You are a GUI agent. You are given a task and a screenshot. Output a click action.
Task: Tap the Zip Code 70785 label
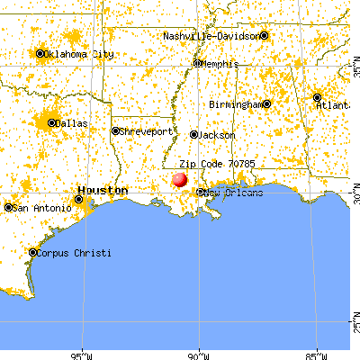coord(211,164)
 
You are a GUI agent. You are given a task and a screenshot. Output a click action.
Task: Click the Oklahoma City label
coord(81,54)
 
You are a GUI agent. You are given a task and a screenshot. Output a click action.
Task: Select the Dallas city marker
coord(53,123)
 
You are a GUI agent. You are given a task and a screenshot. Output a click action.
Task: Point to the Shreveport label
coord(148,130)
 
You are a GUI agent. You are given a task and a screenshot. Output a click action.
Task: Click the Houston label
coord(103,190)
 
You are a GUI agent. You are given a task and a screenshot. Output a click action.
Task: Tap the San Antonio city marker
coord(9,208)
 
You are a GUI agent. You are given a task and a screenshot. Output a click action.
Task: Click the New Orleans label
coord(234,193)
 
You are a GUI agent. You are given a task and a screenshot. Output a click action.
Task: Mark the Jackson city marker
coord(193,135)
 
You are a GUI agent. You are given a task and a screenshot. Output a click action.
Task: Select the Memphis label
coord(220,64)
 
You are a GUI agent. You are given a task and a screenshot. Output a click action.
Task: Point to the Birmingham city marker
coord(266,103)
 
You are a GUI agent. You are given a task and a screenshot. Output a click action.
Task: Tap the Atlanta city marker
coord(317,97)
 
